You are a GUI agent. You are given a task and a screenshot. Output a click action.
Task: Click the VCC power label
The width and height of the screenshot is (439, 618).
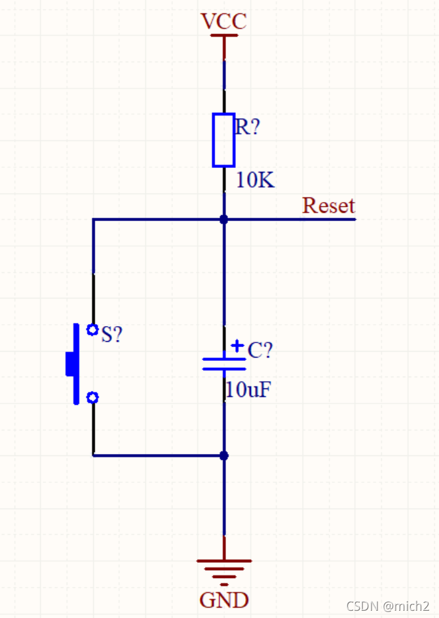coord(223,21)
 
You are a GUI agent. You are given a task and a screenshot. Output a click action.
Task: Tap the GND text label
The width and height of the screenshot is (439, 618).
coord(223,600)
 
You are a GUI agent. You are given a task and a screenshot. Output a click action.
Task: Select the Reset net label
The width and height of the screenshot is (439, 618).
coord(328,205)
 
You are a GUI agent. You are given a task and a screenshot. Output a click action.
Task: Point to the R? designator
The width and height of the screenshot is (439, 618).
coord(248,127)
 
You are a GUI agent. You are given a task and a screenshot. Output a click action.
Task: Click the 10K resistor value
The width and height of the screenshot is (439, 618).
coord(255,180)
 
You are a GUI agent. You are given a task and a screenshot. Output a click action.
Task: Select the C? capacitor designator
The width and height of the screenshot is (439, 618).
coord(260,350)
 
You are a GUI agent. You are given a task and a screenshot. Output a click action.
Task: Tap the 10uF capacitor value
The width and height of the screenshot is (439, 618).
coord(248,390)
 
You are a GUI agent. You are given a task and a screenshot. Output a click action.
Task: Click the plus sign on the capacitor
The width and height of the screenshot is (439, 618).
coord(237,346)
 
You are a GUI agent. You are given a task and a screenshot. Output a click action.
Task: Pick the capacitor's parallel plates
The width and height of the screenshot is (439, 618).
coord(224,364)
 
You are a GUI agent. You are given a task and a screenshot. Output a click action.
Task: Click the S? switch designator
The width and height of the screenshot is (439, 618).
coord(112,334)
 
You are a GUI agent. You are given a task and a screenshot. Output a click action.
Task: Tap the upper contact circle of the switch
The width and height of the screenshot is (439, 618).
coord(92,329)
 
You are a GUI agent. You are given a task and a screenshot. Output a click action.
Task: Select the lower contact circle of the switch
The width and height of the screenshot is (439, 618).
coord(92,398)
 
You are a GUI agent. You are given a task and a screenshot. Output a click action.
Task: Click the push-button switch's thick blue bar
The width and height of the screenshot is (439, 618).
coord(76,364)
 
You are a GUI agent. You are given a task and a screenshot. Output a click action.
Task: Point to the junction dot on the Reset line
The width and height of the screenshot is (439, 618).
coord(223,220)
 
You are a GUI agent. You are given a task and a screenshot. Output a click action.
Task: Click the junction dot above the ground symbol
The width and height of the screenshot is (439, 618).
coord(223,455)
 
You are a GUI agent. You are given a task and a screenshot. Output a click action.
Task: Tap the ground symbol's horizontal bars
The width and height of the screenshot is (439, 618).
coord(224,572)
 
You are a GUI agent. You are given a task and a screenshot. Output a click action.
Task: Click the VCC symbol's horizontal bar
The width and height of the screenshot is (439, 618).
coord(224,35)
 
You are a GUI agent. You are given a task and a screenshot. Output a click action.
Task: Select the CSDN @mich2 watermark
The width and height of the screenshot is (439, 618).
coord(388,606)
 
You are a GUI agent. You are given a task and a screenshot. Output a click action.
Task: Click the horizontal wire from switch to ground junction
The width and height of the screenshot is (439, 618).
coord(159,455)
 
